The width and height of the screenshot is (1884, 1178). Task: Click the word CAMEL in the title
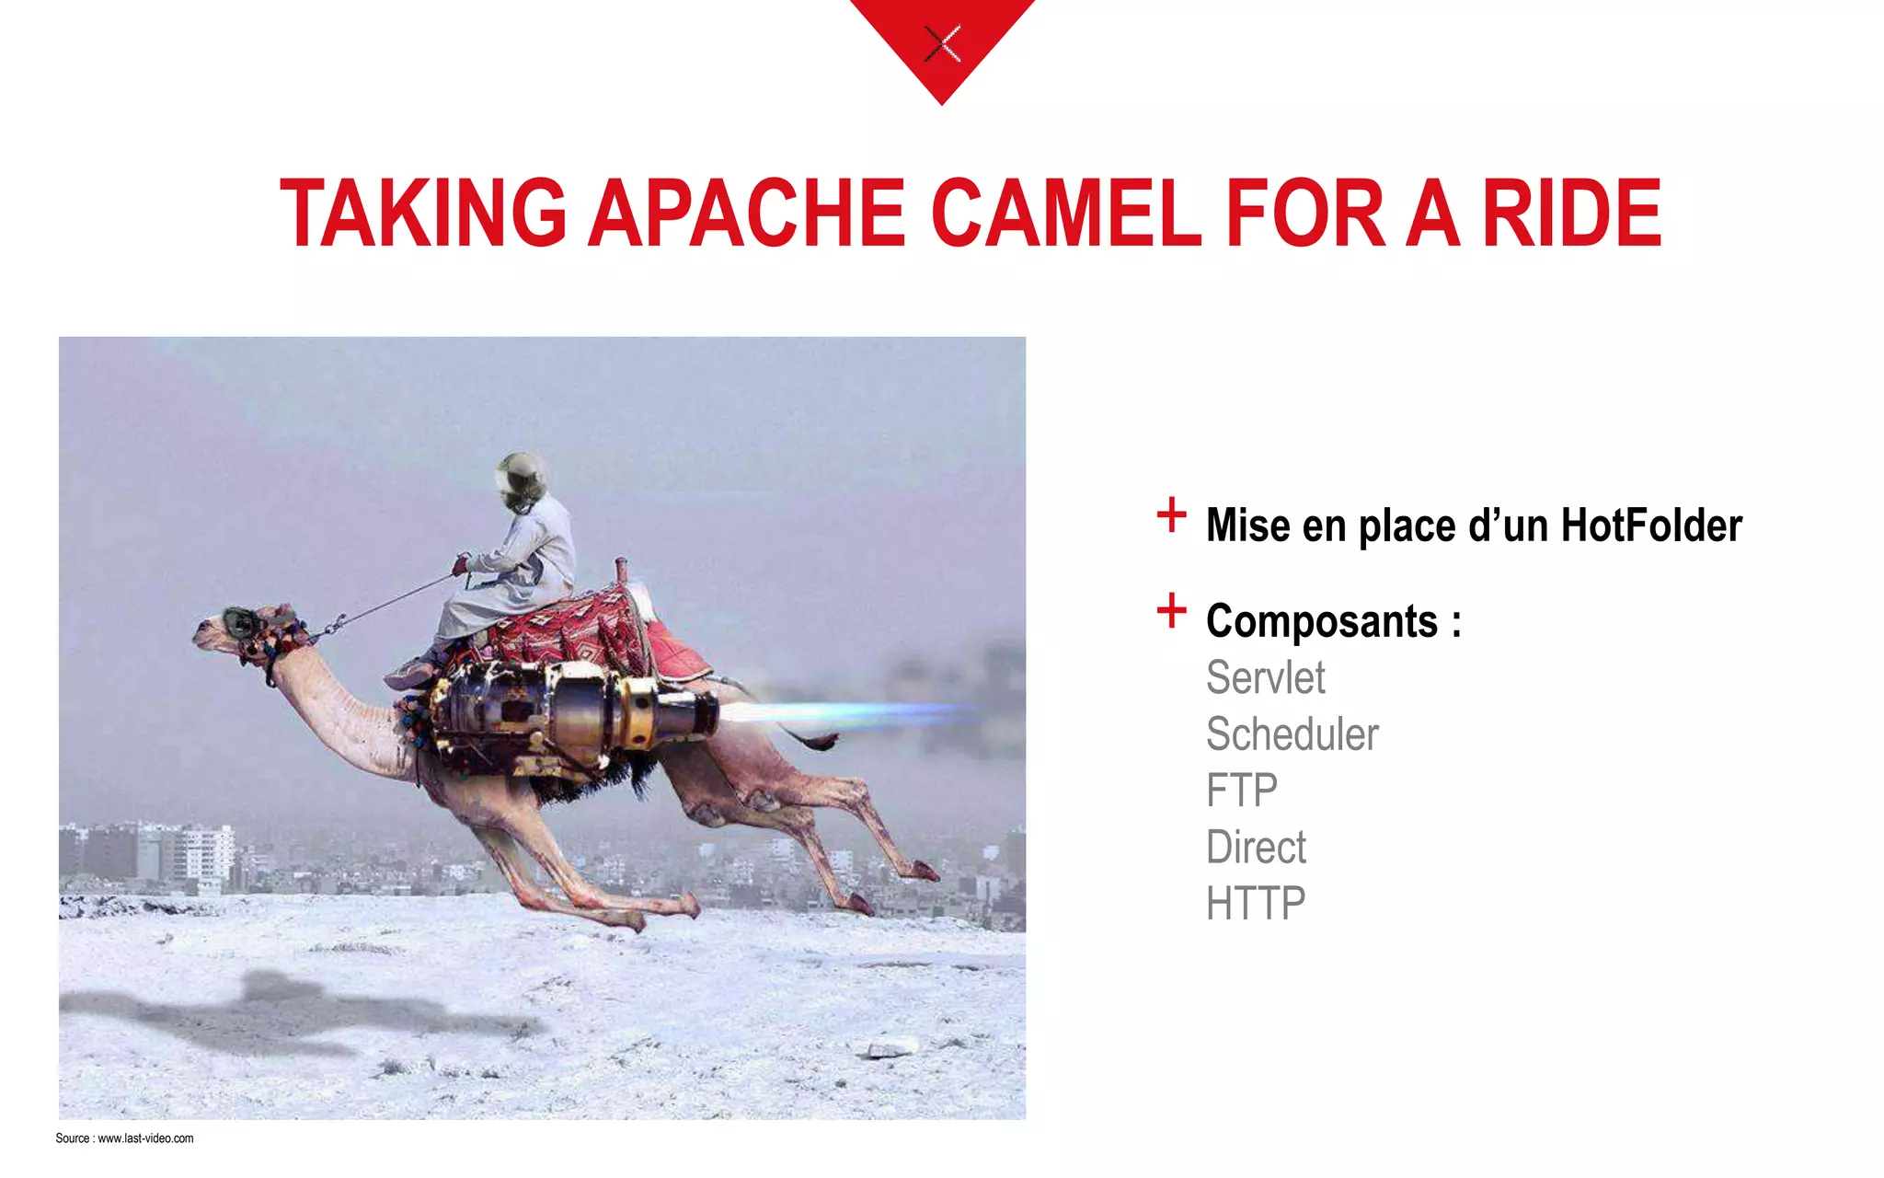1066,214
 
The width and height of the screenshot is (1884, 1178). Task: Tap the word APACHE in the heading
747,214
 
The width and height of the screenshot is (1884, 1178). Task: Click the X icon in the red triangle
942,43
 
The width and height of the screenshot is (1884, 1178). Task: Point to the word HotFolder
1651,525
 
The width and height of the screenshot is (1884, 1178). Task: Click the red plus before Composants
1171,611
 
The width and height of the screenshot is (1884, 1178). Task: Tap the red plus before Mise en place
1171,515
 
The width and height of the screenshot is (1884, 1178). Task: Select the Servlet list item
1265,678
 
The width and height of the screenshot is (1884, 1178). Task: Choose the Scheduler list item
1292,734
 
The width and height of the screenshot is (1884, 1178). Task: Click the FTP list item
1241,791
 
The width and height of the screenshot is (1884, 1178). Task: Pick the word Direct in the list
1256,847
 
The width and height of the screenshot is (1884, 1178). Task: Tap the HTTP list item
1255,903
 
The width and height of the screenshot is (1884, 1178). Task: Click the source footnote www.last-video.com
145,1138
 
